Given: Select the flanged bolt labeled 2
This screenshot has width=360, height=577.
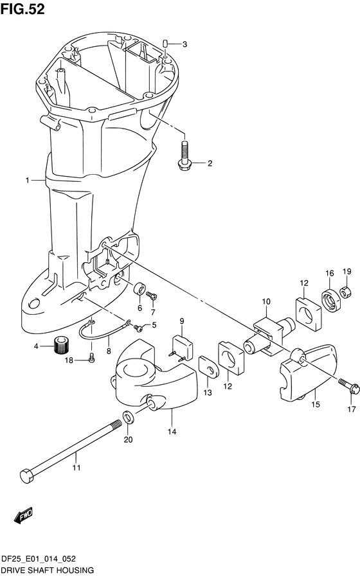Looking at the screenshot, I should pyautogui.click(x=184, y=156).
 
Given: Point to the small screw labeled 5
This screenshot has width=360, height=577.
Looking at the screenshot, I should pyautogui.click(x=136, y=324).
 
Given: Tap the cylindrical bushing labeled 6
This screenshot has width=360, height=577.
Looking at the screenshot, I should pyautogui.click(x=139, y=290).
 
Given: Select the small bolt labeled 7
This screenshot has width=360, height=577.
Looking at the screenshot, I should pyautogui.click(x=152, y=296).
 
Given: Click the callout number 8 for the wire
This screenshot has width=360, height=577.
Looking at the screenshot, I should pyautogui.click(x=109, y=351).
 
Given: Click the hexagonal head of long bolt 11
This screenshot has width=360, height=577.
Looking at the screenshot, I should pyautogui.click(x=28, y=477).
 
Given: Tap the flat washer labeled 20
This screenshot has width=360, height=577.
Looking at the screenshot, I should pyautogui.click(x=128, y=420).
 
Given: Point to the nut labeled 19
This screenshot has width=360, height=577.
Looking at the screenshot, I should pyautogui.click(x=345, y=283).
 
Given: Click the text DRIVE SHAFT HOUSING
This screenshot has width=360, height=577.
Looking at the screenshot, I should pyautogui.click(x=48, y=570).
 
